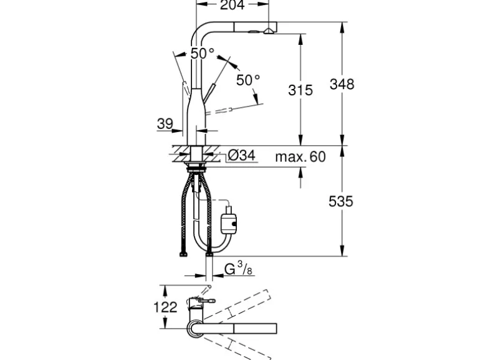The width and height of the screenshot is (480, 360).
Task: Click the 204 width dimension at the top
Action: coord(231,6)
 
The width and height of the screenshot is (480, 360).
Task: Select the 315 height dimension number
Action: coord(300,90)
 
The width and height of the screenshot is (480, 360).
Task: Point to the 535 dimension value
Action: coord(341,201)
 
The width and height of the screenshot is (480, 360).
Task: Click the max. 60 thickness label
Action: coord(300,156)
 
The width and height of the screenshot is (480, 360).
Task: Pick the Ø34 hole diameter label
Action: coord(241,156)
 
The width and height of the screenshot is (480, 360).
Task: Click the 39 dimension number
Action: coord(165,124)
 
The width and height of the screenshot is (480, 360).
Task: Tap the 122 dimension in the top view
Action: coord(165,306)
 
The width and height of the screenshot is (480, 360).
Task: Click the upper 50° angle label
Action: coord(202,54)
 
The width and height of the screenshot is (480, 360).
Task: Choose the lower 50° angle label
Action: coord(248,80)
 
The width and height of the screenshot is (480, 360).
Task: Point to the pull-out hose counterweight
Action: coord(227,221)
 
